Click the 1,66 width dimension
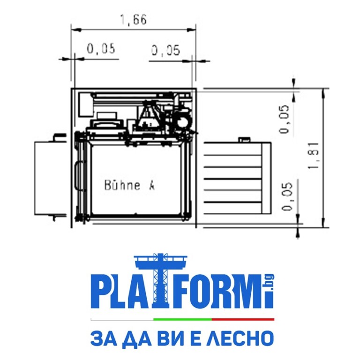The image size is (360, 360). click(x=134, y=20)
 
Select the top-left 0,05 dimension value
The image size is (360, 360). click(x=101, y=48)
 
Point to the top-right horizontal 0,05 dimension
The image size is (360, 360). click(x=165, y=50)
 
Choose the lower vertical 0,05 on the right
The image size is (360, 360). click(x=287, y=196)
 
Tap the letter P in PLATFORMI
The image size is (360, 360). click(x=101, y=292)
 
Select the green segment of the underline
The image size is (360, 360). click(x=183, y=319)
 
